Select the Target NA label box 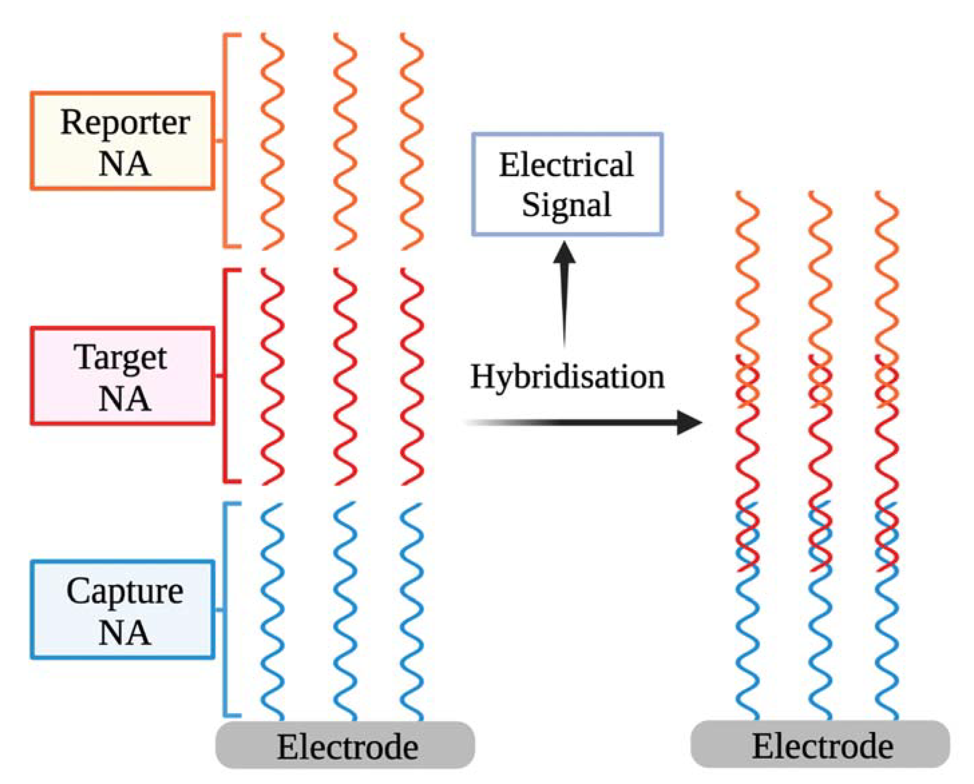(122, 376)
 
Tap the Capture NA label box (122, 610)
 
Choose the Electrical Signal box (567, 184)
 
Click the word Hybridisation (567, 377)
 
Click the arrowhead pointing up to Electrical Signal (565, 252)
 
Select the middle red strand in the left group (345, 376)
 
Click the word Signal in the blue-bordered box (566, 206)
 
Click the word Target (121, 358)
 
